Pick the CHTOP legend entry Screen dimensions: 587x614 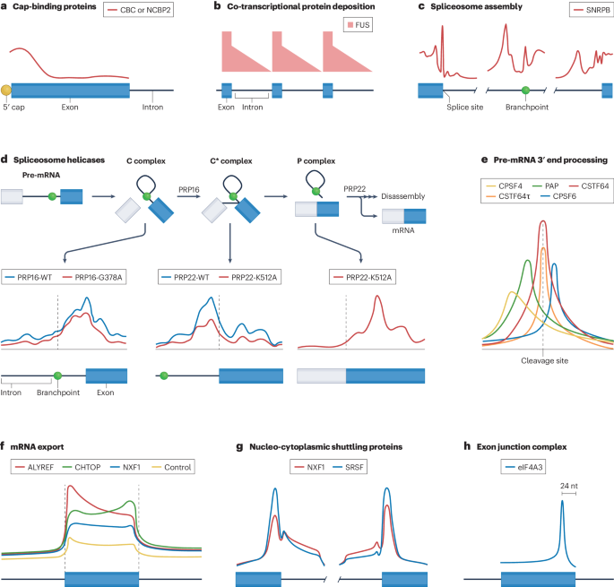(x=96, y=467)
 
